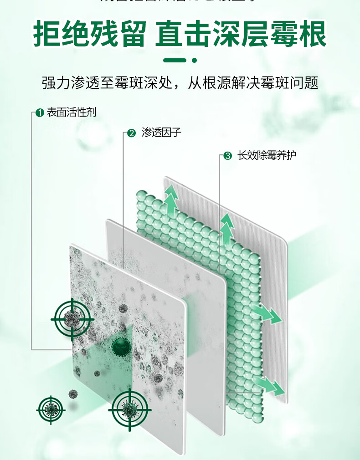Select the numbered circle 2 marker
(132, 133)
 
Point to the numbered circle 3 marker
(227, 156)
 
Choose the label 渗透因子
(161, 133)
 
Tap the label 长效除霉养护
(267, 156)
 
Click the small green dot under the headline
(194, 60)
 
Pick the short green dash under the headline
(174, 60)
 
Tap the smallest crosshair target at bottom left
(50, 410)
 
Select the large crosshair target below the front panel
(129, 410)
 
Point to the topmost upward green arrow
(171, 199)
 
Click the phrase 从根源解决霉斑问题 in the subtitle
(252, 83)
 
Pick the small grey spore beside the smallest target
(72, 394)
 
